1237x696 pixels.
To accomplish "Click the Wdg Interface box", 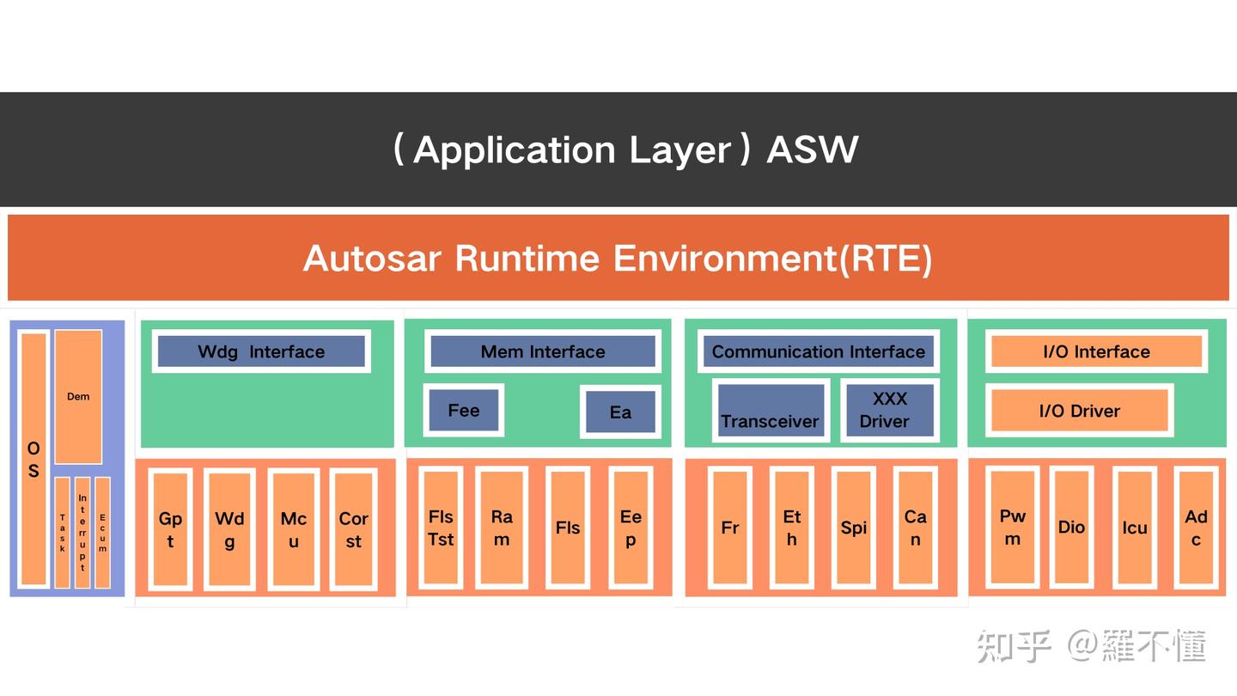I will (261, 351).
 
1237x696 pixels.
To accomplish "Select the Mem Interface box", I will (542, 351).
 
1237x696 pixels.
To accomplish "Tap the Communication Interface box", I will (818, 351).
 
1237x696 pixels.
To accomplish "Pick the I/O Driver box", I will (1079, 411).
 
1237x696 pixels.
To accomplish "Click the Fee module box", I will (464, 411).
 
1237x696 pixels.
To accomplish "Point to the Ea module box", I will (620, 412).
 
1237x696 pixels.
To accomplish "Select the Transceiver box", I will (770, 410).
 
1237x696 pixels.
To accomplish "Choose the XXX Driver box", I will (889, 410).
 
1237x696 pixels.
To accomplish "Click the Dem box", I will (78, 396).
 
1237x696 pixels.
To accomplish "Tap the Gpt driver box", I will (170, 529).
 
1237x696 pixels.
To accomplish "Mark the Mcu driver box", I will (293, 529).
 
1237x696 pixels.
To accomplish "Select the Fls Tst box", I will (441, 528).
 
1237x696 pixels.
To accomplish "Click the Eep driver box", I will (630, 528).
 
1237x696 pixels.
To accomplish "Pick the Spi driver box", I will (853, 528).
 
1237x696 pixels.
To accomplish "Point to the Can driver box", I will (915, 528).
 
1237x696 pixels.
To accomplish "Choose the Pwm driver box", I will (1012, 527).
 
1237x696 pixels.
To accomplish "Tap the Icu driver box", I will (1134, 528).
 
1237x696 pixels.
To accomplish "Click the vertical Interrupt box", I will (82, 533).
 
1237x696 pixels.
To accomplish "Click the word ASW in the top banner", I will (812, 150).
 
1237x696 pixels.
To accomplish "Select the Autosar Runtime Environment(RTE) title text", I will (618, 258).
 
